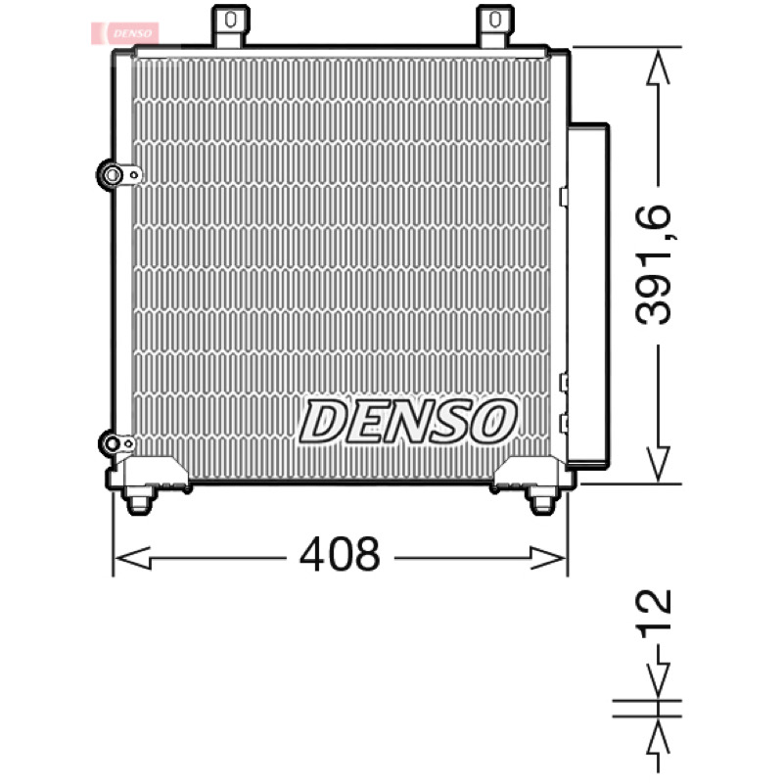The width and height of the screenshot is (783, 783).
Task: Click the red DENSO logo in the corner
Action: click(x=125, y=33)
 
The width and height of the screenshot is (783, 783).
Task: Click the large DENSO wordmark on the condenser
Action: click(x=408, y=422)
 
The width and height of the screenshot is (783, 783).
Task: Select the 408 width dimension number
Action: click(x=340, y=554)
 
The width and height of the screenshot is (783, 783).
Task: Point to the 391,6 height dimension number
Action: click(x=653, y=264)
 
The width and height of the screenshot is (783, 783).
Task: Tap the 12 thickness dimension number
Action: click(x=653, y=615)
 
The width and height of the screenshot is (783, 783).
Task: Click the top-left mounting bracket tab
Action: click(x=230, y=26)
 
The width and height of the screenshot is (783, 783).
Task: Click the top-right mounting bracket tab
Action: click(x=495, y=26)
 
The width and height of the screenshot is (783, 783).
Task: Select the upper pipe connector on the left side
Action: click(x=118, y=175)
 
